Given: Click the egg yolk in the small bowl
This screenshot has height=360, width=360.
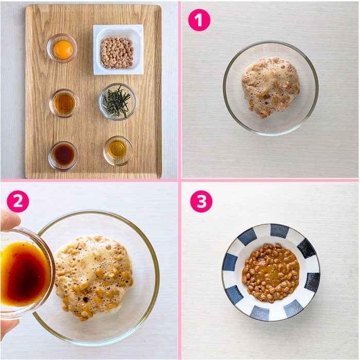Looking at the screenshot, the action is pyautogui.click(x=63, y=49).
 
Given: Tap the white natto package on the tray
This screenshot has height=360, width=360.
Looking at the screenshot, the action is pyautogui.click(x=118, y=49).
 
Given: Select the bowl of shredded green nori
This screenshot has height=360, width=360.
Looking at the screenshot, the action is pyautogui.click(x=117, y=102).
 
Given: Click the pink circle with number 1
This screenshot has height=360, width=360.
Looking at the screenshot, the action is pyautogui.click(x=199, y=20).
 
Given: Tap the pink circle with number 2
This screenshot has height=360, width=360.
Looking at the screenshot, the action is pyautogui.click(x=18, y=202).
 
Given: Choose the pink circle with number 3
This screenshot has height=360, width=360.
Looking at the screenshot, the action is pyautogui.click(x=201, y=202).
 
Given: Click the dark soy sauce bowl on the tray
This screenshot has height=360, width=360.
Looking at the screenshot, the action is pyautogui.click(x=63, y=156).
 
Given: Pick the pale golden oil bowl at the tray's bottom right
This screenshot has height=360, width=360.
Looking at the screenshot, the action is pyautogui.click(x=118, y=151).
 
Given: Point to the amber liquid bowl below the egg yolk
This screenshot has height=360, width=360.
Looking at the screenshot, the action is pyautogui.click(x=64, y=103).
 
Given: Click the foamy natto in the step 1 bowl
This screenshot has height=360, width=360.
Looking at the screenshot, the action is pyautogui.click(x=271, y=87).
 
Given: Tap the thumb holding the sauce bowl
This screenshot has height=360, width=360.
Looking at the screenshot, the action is pyautogui.click(x=9, y=217).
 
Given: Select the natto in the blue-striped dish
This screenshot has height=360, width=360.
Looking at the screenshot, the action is pyautogui.click(x=271, y=273).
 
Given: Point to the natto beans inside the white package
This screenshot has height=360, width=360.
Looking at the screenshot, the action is pyautogui.click(x=117, y=53).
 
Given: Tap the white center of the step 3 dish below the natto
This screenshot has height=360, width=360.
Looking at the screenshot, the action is pyautogui.click(x=271, y=306).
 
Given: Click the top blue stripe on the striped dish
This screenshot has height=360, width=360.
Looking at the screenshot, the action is pyautogui.click(x=279, y=230).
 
